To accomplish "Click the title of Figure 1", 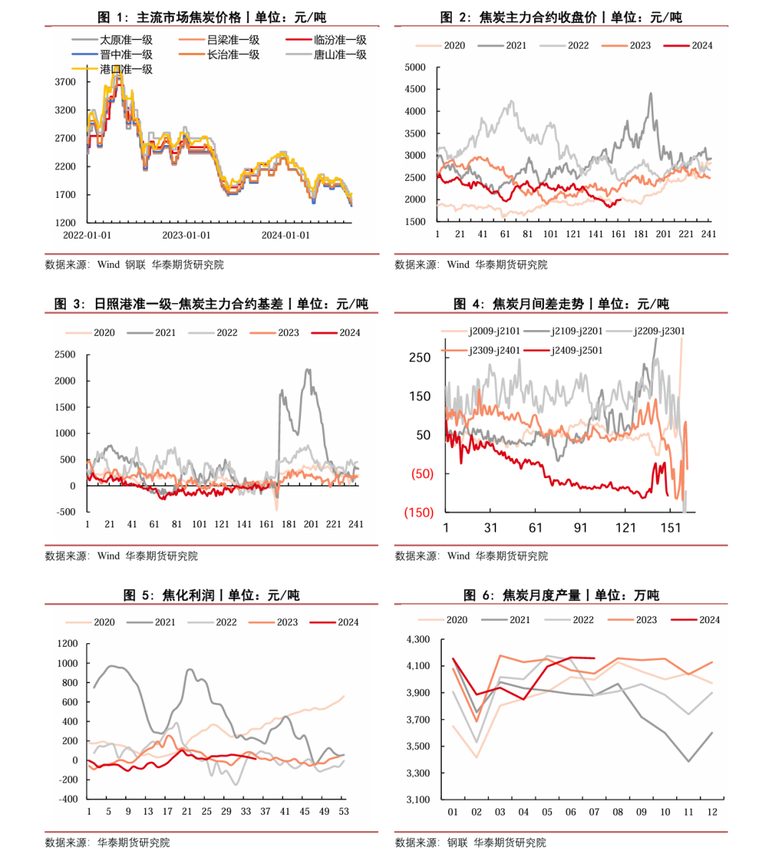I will pyautogui.click(x=212, y=17).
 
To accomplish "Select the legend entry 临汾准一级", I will pyautogui.click(x=340, y=40).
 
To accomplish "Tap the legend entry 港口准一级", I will pyautogui.click(x=126, y=69).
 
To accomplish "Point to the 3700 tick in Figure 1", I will pyautogui.click(x=65, y=82).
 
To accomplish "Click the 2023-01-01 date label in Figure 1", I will pyautogui.click(x=187, y=235).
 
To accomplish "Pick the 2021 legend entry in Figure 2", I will pyautogui.click(x=515, y=45).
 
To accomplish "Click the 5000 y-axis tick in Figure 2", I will pyautogui.click(x=415, y=67).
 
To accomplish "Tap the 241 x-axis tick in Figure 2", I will pyautogui.click(x=708, y=234).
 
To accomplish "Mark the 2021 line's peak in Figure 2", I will pyautogui.click(x=650, y=94).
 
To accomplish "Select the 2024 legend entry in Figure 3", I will pyautogui.click(x=350, y=332).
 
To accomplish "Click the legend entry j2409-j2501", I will pyautogui.click(x=576, y=350).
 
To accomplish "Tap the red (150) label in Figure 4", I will pyautogui.click(x=419, y=512).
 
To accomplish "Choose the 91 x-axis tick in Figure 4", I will pyautogui.click(x=580, y=527).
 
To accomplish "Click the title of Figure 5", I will pyautogui.click(x=212, y=595).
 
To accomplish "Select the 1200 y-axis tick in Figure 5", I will pyautogui.click(x=67, y=643).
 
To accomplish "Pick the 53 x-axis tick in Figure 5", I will pyautogui.click(x=344, y=811).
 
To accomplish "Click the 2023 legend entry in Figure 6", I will pyautogui.click(x=645, y=620).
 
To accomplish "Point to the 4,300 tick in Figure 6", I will pyautogui.click(x=418, y=639).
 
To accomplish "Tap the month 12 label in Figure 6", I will pyautogui.click(x=712, y=812).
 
